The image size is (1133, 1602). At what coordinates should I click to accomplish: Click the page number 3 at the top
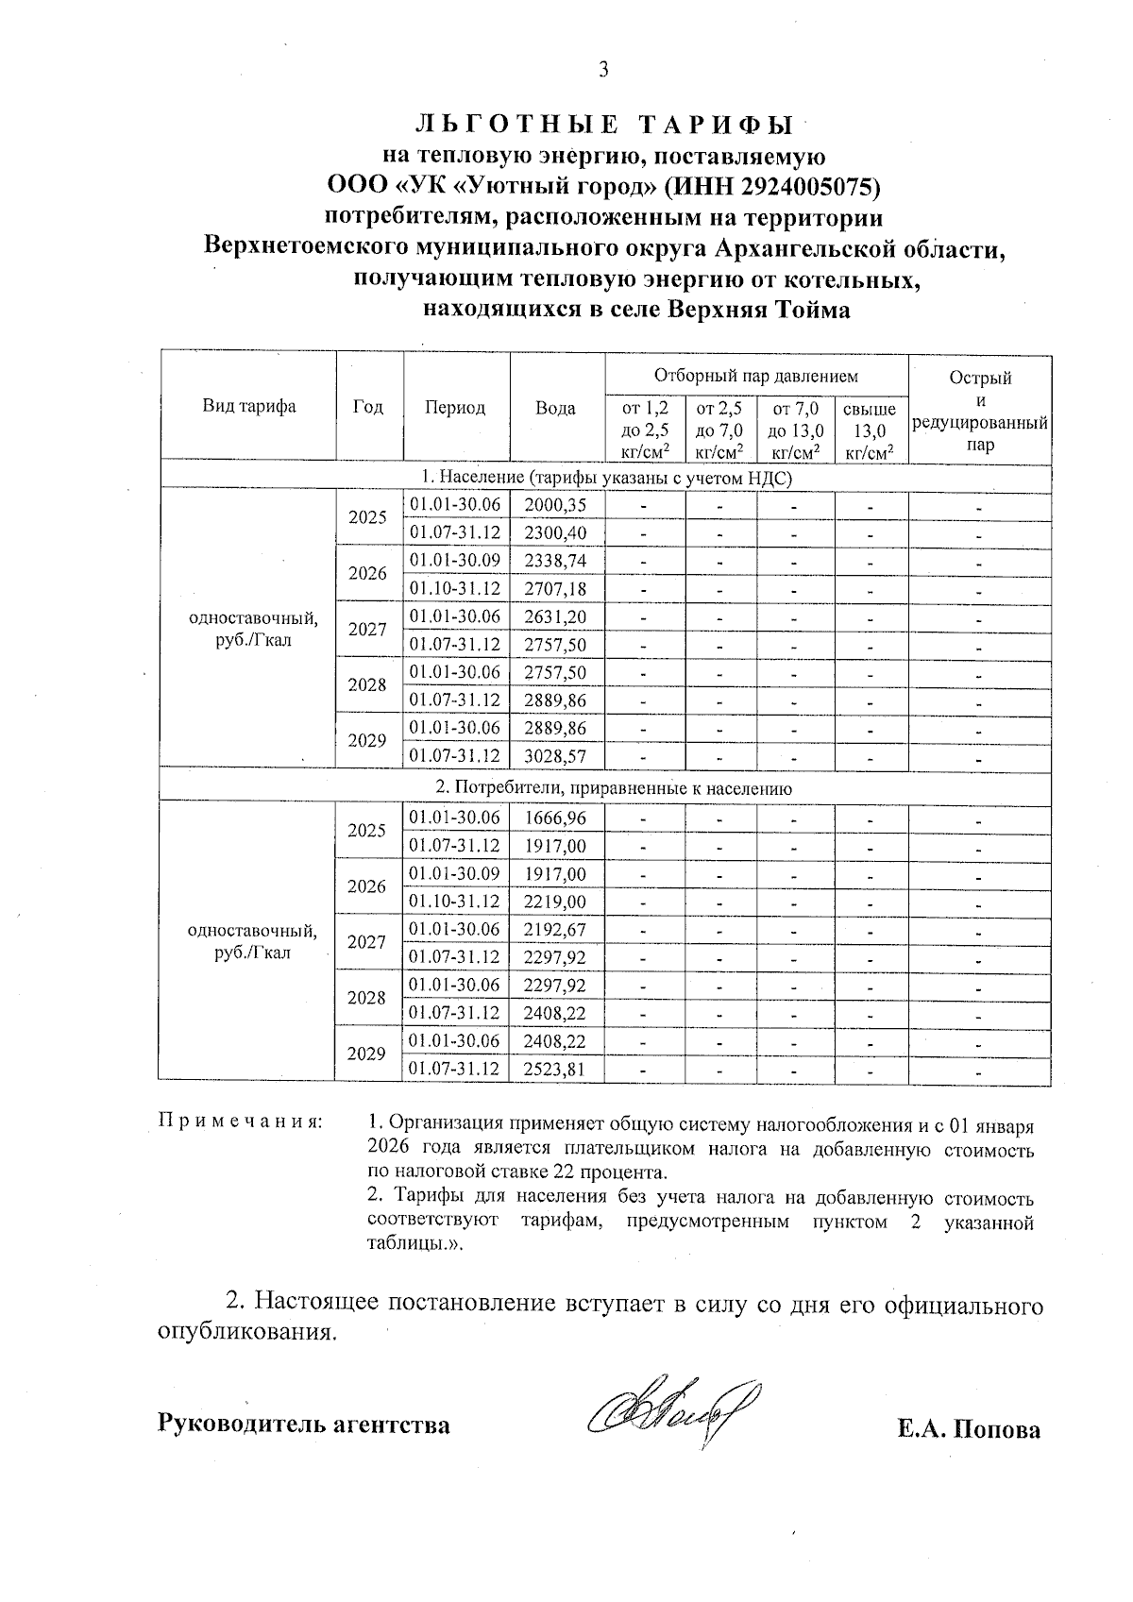point(603,70)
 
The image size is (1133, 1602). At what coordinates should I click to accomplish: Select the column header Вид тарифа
point(248,407)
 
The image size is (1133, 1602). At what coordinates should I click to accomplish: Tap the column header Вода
point(555,408)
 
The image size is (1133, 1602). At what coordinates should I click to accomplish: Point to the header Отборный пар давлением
point(755,376)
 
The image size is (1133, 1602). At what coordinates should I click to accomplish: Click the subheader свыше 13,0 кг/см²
point(869,431)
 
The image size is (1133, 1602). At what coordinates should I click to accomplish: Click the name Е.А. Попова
point(969,1429)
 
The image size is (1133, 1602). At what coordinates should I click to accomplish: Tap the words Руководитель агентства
point(303,1424)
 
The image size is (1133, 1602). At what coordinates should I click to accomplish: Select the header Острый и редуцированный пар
point(980,411)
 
